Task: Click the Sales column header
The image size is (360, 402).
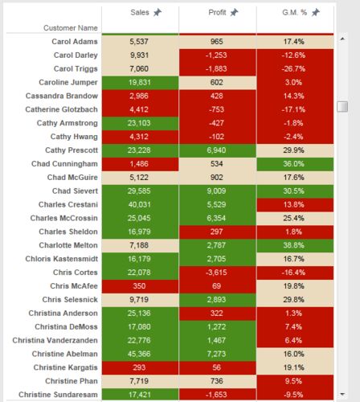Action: [140, 12]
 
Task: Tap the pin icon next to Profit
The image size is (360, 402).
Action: [234, 12]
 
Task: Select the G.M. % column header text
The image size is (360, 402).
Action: [294, 12]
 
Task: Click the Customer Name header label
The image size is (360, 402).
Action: [71, 28]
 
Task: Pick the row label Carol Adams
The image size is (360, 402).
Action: [75, 42]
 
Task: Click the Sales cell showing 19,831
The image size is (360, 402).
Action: [140, 83]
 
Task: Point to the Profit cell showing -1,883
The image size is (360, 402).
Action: [216, 69]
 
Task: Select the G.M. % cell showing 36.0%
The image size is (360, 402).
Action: [294, 164]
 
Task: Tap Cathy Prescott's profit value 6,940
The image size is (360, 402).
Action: [216, 150]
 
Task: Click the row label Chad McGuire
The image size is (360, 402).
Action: [72, 178]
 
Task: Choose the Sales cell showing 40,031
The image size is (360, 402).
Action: [140, 205]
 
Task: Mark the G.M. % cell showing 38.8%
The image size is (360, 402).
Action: [294, 245]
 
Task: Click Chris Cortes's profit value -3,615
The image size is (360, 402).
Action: [216, 273]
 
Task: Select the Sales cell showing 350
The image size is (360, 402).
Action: [140, 286]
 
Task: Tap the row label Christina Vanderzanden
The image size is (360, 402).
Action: [55, 340]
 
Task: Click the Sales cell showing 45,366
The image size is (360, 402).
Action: [140, 354]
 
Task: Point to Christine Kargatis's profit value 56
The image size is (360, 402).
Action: [216, 367]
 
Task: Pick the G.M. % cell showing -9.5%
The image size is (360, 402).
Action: [294, 395]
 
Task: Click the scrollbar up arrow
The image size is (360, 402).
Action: [342, 39]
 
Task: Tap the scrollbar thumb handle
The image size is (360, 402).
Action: [342, 106]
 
